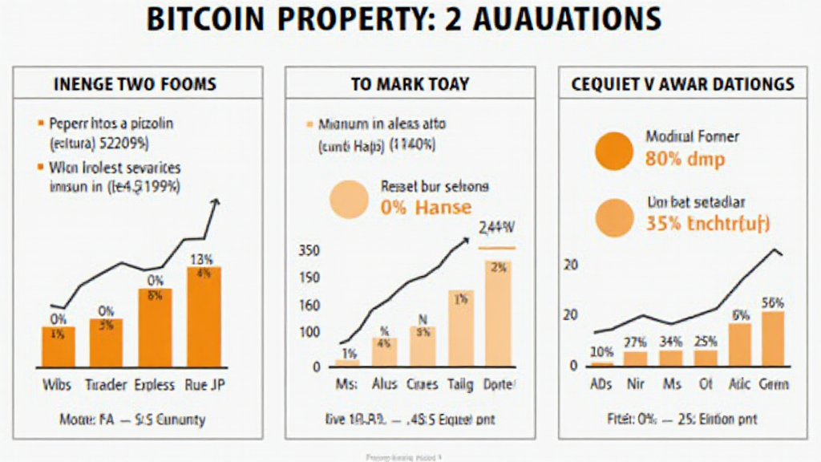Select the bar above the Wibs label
point(58,346)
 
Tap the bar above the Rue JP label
point(204,316)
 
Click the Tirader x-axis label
point(107,385)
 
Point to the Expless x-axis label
point(155,385)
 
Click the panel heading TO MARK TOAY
point(410,83)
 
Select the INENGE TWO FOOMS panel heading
point(134,83)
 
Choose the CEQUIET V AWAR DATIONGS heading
point(682,83)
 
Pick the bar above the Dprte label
point(497,313)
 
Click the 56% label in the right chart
point(750,302)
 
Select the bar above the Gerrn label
point(750,338)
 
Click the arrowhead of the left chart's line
point(214,203)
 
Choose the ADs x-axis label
point(601,385)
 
